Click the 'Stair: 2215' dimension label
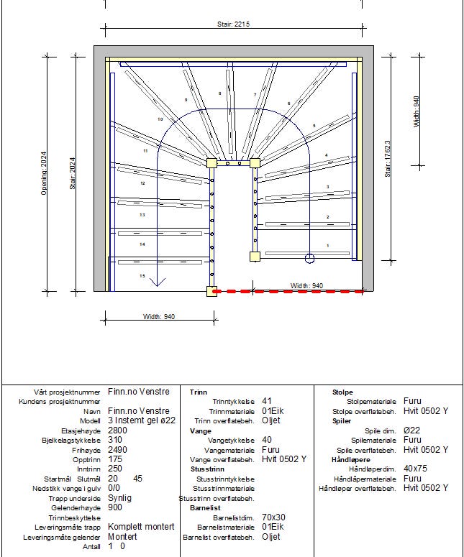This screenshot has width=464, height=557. (x=233, y=24)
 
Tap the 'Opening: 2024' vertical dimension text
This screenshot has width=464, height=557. (x=44, y=172)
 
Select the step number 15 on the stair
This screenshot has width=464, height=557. (x=142, y=276)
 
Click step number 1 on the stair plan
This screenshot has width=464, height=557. (x=328, y=246)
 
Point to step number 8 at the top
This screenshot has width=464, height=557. (x=219, y=93)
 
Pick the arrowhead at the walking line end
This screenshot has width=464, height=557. (x=154, y=282)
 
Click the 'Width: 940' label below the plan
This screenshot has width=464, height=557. (x=158, y=317)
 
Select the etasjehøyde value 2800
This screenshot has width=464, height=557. (x=117, y=431)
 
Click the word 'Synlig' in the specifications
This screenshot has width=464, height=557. (x=120, y=498)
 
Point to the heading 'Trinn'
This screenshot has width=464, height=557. (x=198, y=392)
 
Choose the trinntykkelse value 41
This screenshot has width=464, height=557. (x=267, y=401)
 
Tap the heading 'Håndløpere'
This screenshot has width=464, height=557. (x=350, y=459)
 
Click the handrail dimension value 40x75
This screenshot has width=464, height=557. (x=415, y=469)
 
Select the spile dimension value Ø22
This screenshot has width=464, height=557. (x=411, y=431)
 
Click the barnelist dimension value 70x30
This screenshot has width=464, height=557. (x=274, y=517)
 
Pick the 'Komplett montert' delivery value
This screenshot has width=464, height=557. (x=141, y=527)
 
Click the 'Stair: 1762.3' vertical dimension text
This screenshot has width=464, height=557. (x=388, y=158)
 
